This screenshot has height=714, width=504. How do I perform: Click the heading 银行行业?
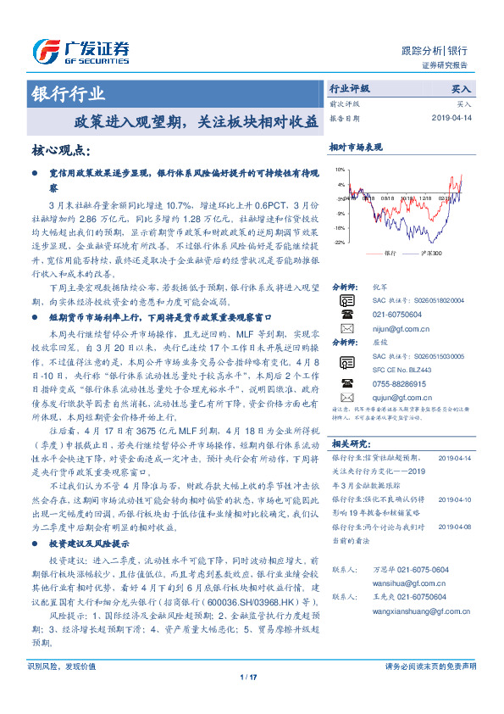(x=68, y=94)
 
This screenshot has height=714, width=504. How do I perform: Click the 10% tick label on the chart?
(x=340, y=183)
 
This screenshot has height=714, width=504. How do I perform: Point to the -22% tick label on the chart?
(x=339, y=243)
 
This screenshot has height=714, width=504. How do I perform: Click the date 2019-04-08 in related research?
(x=457, y=527)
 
